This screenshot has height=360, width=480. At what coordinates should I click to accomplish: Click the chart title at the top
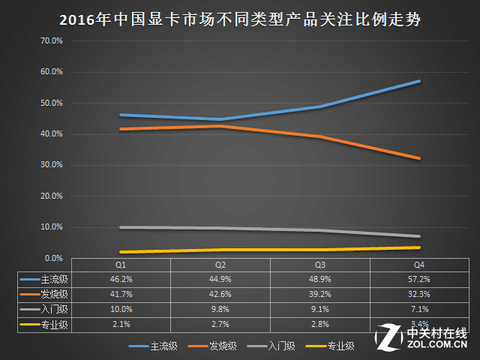click(x=240, y=20)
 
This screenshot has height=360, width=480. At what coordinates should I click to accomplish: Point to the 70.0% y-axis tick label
click(x=52, y=40)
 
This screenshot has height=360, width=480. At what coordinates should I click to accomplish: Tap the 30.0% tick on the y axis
click(x=52, y=165)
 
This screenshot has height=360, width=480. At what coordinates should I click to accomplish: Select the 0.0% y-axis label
click(x=53, y=258)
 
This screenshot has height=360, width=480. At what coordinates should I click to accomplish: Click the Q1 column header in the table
click(x=121, y=265)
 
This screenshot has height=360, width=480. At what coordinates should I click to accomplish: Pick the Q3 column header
click(x=320, y=265)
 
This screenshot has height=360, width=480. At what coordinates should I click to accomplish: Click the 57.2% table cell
click(x=419, y=279)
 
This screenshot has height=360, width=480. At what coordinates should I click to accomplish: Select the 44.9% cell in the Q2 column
click(x=220, y=279)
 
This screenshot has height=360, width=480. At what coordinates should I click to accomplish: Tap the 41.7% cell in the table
click(x=121, y=294)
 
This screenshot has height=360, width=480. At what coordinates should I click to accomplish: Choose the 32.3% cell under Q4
click(x=419, y=294)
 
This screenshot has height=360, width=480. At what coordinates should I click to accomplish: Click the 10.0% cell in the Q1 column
click(x=121, y=309)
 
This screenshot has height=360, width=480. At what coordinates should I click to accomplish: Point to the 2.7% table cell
click(x=220, y=324)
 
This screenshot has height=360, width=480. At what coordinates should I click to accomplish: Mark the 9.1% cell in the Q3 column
click(x=320, y=309)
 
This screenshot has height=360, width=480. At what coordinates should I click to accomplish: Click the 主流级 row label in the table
click(x=55, y=280)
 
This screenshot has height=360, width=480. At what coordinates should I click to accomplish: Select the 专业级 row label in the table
click(x=55, y=325)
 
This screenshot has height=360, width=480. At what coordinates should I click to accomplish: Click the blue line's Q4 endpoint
click(x=419, y=81)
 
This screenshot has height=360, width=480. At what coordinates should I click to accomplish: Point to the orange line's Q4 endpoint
click(x=419, y=158)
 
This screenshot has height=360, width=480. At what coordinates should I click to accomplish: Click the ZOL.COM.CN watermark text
click(x=437, y=344)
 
